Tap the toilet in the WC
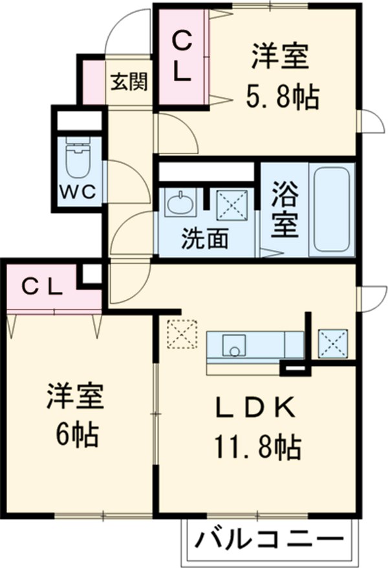point(79,159)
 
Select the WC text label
point(79,192)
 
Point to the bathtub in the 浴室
point(332,209)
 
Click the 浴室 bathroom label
point(285,209)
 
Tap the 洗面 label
point(204,240)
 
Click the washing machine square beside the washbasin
point(232,205)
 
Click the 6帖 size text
point(76,435)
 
